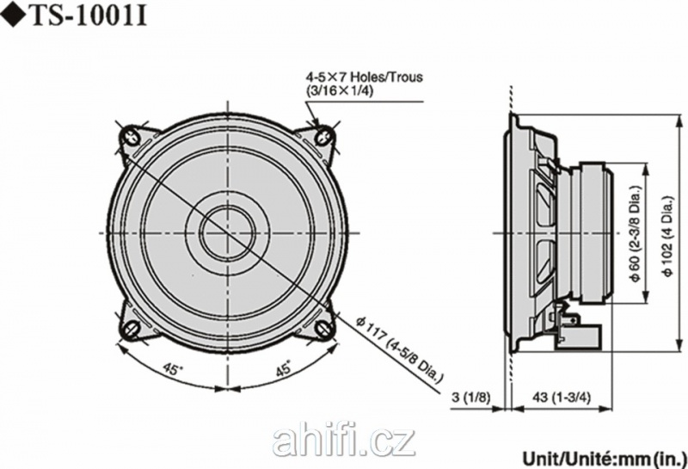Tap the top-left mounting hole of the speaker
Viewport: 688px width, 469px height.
coord(132,136)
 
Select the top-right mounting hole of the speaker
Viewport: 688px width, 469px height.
coord(324,136)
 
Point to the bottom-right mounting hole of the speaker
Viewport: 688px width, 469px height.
coord(324,329)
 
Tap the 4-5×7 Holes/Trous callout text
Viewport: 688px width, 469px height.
coord(364,77)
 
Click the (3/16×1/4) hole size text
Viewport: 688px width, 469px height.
coord(340,91)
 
